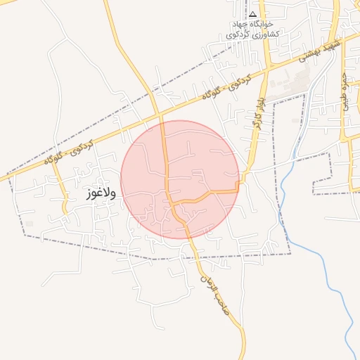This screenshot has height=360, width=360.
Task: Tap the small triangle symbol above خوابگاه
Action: [252, 14]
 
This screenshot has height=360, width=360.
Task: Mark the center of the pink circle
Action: [180, 179]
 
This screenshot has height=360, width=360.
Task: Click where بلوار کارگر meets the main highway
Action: [268, 70]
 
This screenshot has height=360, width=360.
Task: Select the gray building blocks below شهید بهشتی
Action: [288, 88]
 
